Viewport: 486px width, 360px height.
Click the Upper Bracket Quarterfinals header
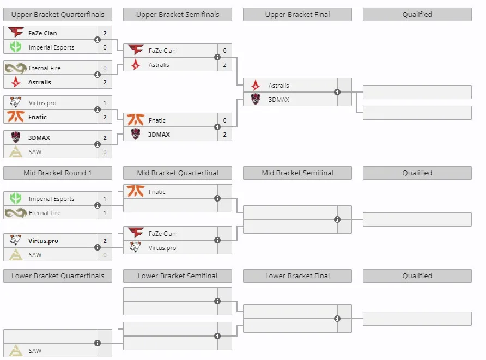(x=58, y=15)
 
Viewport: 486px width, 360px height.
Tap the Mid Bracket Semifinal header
(x=297, y=173)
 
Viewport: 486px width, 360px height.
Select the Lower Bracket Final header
(x=297, y=276)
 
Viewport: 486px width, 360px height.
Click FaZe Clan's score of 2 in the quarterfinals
(x=105, y=33)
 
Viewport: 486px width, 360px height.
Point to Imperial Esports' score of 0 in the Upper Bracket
(x=105, y=47)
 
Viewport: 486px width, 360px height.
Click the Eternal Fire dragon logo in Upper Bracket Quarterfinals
(x=15, y=68)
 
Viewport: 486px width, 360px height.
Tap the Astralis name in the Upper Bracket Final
(x=278, y=86)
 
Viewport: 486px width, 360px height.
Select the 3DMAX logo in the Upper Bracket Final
(x=256, y=100)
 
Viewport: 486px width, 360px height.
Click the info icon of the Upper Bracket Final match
(x=337, y=92)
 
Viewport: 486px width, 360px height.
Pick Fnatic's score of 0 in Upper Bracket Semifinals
(x=224, y=120)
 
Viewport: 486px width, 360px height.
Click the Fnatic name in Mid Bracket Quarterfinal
(x=157, y=192)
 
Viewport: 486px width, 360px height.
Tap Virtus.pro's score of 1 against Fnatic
(x=105, y=103)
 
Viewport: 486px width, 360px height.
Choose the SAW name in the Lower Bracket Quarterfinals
(x=35, y=351)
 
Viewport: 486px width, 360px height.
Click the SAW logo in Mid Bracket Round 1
(x=15, y=255)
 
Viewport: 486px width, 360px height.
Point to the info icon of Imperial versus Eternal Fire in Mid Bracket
(x=98, y=205)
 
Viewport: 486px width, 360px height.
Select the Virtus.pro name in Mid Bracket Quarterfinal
(x=162, y=248)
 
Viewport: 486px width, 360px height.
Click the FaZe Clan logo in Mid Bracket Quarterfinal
(x=136, y=233)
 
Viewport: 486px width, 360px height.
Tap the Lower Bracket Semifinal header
(x=178, y=276)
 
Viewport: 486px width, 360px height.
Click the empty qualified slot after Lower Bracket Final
(x=417, y=319)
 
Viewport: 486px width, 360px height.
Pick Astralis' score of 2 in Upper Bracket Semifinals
(x=224, y=65)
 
